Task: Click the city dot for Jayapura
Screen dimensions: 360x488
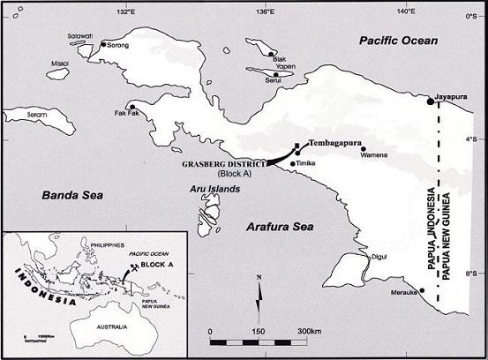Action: (430, 102)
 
